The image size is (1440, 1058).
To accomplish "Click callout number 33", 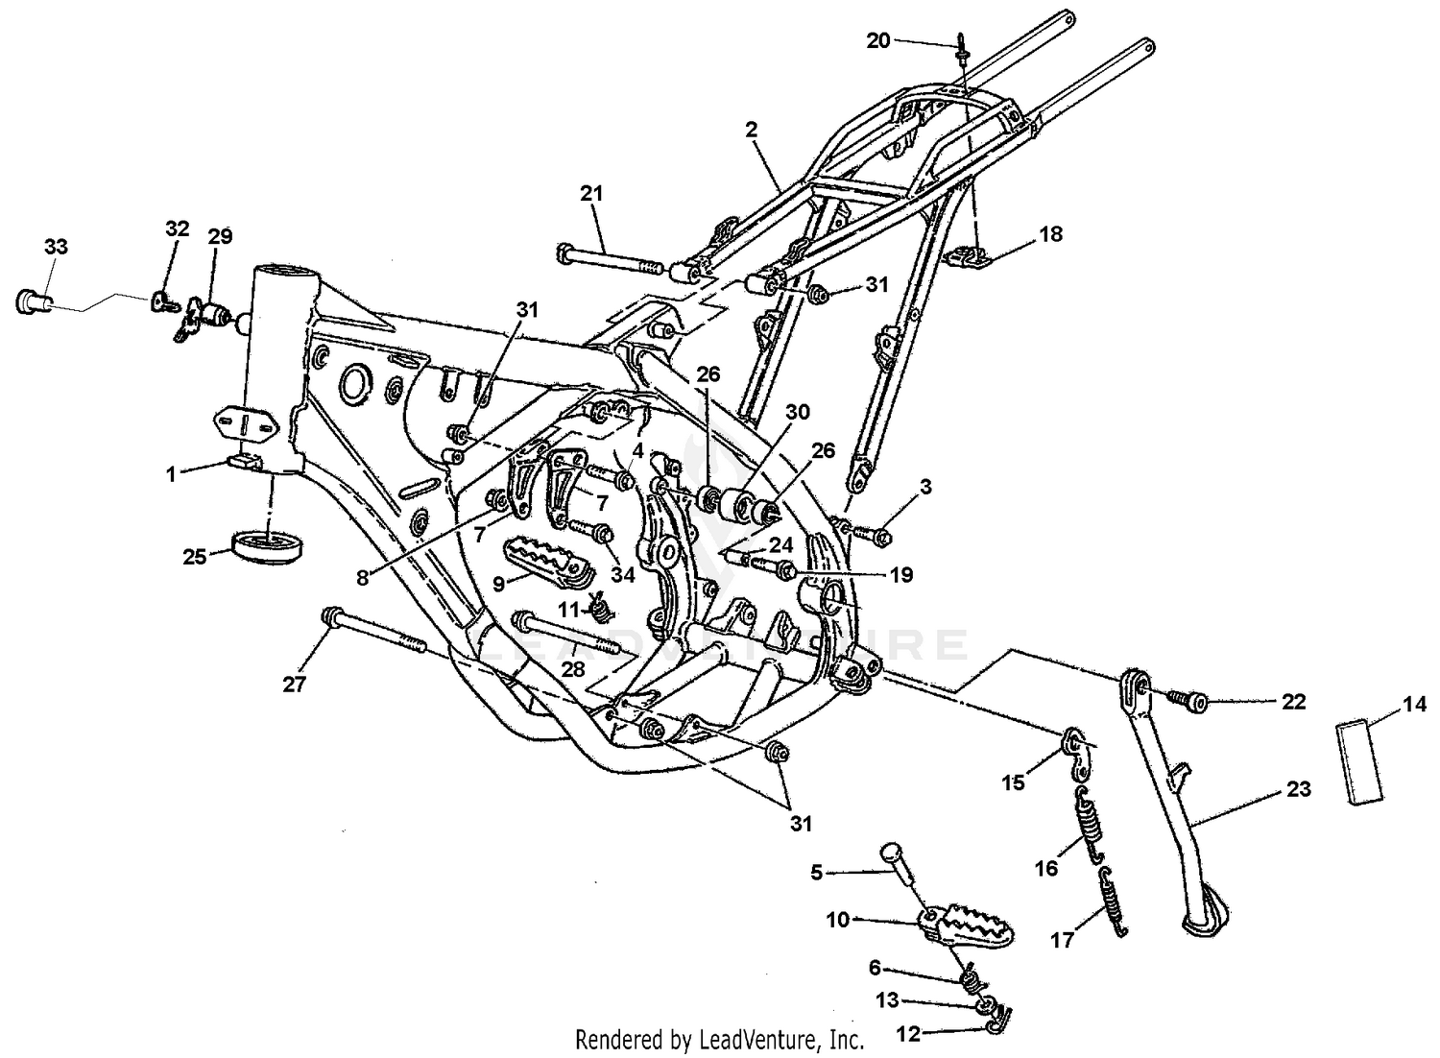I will [x=56, y=247].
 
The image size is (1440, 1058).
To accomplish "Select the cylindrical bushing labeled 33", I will [x=31, y=301].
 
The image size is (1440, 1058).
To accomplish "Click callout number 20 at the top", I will [x=878, y=40].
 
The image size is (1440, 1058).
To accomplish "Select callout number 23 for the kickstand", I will [x=1298, y=789].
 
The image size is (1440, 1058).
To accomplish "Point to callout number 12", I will [x=907, y=1034].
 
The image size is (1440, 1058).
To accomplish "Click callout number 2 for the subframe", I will [x=752, y=128].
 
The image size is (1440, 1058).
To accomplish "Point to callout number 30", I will [x=797, y=412].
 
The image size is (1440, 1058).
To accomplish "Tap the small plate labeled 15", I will [x=1075, y=747].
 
